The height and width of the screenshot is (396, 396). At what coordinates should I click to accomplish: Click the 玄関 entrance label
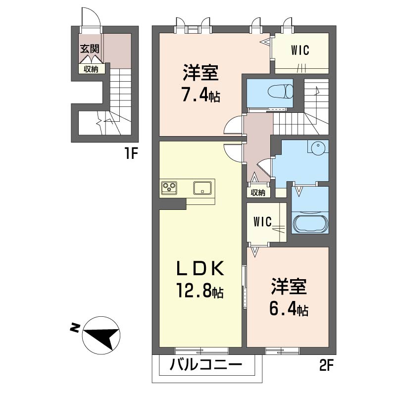(x=90, y=49)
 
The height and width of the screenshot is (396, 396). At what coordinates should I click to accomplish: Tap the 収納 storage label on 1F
(x=91, y=69)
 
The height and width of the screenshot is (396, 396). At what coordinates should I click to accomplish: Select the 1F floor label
(x=131, y=153)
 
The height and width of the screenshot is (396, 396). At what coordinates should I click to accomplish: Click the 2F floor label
(x=327, y=365)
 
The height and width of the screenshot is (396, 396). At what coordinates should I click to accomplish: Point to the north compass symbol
(x=101, y=335)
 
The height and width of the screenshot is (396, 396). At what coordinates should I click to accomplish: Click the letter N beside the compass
(x=75, y=328)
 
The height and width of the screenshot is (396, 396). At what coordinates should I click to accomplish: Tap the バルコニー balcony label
(x=206, y=365)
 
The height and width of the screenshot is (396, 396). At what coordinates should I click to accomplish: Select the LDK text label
(x=200, y=268)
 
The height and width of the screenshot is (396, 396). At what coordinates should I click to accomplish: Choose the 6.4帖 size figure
(x=289, y=310)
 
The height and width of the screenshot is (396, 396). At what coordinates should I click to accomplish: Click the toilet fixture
(x=281, y=92)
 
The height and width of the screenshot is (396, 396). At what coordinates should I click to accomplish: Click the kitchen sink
(x=202, y=188)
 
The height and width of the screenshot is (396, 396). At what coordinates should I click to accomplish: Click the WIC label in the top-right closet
(x=300, y=50)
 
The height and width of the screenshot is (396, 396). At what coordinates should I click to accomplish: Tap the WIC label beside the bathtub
(x=263, y=221)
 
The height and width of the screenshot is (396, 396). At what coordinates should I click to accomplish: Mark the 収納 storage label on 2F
(x=258, y=193)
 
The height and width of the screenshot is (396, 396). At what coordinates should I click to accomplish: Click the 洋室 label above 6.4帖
(x=289, y=287)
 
